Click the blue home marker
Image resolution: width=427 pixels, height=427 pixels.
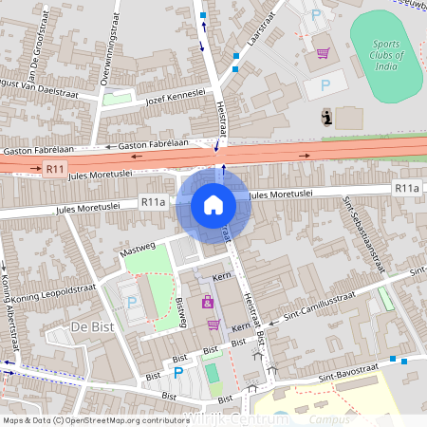[x=213, y=204]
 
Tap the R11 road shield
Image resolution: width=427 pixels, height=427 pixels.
[x=54, y=169]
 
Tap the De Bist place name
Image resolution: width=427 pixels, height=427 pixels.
[x=92, y=327]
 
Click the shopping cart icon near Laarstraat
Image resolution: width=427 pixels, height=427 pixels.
[x=324, y=53]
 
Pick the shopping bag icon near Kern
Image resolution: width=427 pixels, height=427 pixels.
[x=207, y=303]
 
